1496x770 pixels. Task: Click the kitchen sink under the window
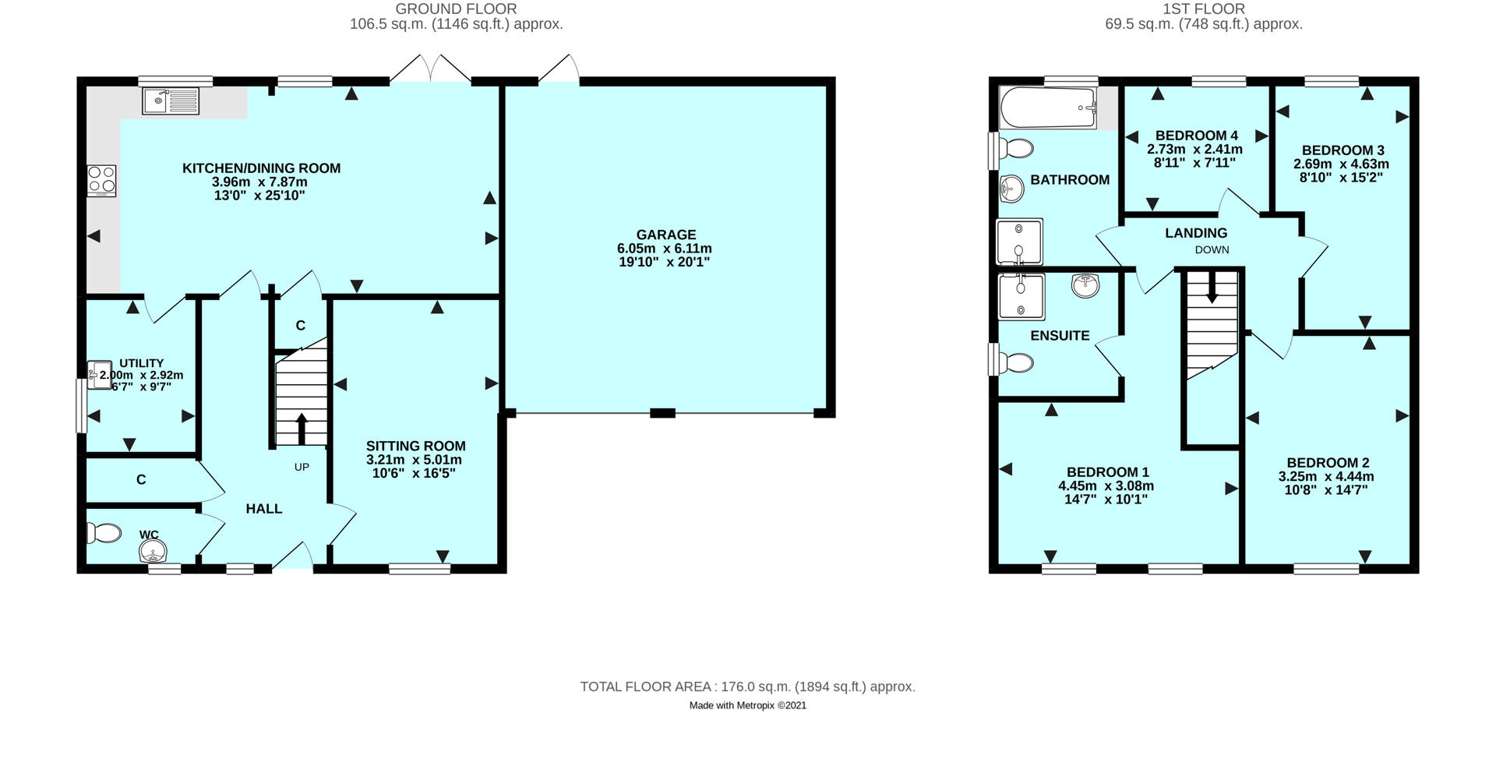171,101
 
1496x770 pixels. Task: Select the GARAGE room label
665,235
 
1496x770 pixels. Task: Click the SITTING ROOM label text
416,446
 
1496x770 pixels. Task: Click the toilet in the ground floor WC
104,533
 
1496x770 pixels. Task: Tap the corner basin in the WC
152,552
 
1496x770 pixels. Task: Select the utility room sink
100,373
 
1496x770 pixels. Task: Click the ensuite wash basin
1085,286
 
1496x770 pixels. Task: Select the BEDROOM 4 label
1196,135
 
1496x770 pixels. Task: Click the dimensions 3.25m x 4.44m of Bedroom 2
1326,476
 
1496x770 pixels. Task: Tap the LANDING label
1196,233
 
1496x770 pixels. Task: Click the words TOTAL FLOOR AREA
646,687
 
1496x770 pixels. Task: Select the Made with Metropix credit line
747,705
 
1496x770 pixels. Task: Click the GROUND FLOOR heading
456,9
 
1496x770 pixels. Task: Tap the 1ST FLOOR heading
1204,9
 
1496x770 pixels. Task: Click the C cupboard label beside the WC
141,480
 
